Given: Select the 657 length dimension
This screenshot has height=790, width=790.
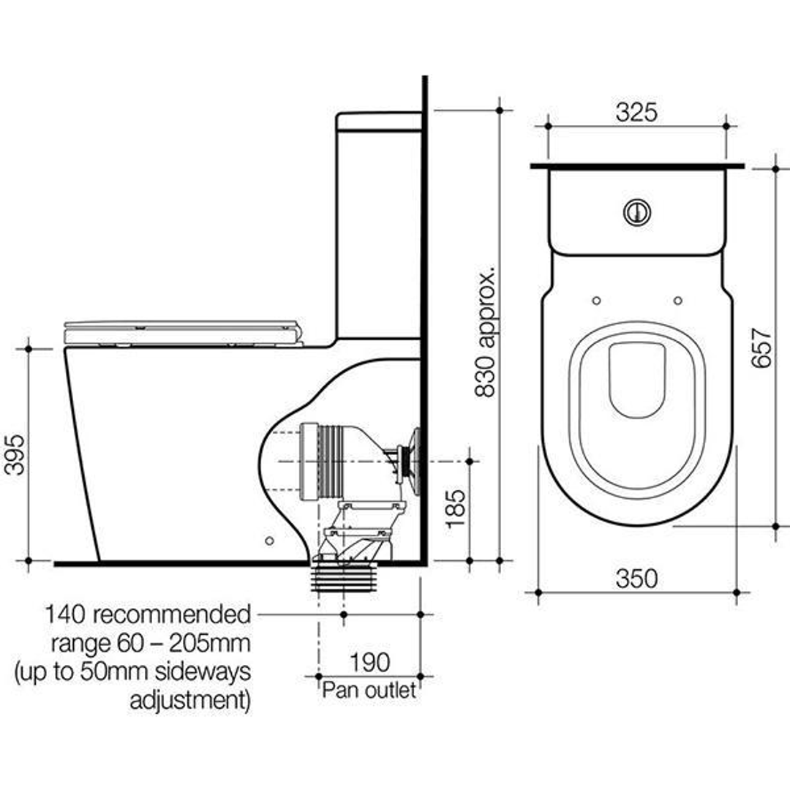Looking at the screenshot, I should [x=761, y=347].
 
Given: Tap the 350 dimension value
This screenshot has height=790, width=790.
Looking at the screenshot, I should [x=636, y=578].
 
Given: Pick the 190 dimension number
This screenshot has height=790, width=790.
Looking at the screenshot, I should [x=369, y=663].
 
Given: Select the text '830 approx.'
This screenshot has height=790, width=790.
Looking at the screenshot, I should [x=485, y=332].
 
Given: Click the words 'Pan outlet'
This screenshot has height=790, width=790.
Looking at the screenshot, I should [x=369, y=689].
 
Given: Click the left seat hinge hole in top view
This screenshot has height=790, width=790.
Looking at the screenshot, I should [x=595, y=301].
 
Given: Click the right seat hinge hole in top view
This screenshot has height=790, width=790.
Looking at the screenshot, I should [x=677, y=301].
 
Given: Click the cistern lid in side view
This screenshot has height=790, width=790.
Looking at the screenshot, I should [x=378, y=121].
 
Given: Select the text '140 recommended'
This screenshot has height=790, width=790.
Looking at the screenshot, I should [x=147, y=614].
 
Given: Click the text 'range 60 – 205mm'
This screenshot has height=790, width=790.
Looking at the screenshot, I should [x=151, y=644].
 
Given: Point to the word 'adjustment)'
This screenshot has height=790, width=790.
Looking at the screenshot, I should [x=190, y=700].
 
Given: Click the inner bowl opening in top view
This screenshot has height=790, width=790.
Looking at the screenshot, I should [x=636, y=380].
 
